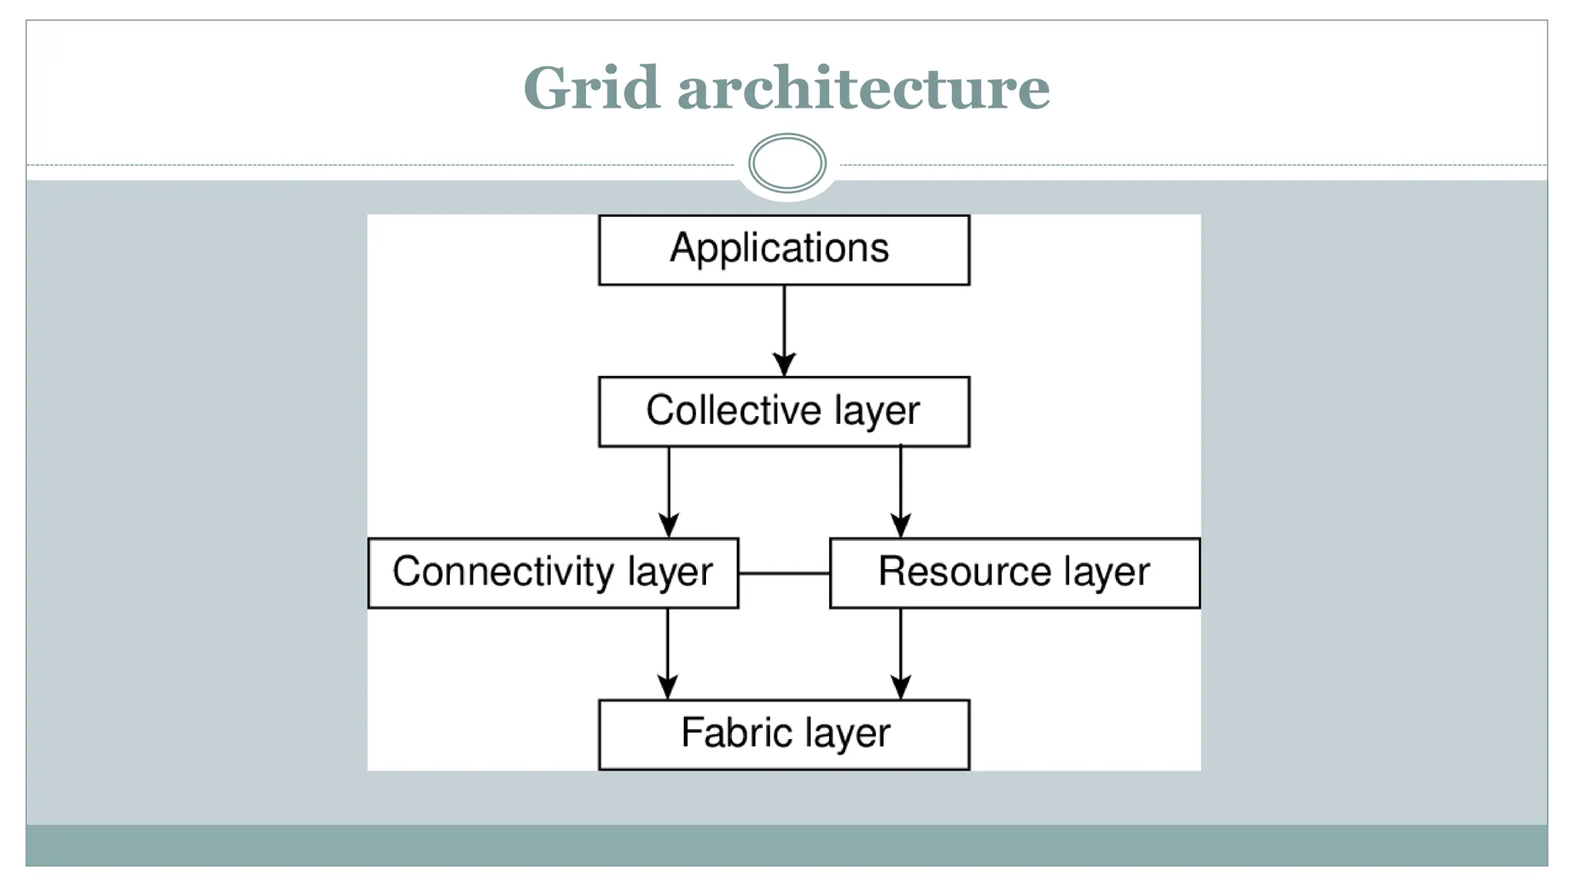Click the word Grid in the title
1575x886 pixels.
tap(591, 88)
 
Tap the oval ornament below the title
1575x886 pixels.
tap(787, 163)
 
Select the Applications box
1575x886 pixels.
tap(784, 250)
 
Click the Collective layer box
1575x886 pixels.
tap(784, 411)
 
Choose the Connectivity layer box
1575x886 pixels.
tap(553, 573)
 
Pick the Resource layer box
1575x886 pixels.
tap(1014, 573)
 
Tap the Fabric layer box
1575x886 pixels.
tap(784, 734)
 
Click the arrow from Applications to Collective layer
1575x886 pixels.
tap(784, 327)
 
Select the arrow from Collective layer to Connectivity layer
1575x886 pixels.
tap(668, 488)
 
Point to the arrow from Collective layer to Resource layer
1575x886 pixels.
tap(901, 488)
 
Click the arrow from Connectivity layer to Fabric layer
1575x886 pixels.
tap(668, 650)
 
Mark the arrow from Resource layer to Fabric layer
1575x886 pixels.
tap(901, 650)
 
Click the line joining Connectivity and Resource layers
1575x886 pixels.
tap(784, 574)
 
